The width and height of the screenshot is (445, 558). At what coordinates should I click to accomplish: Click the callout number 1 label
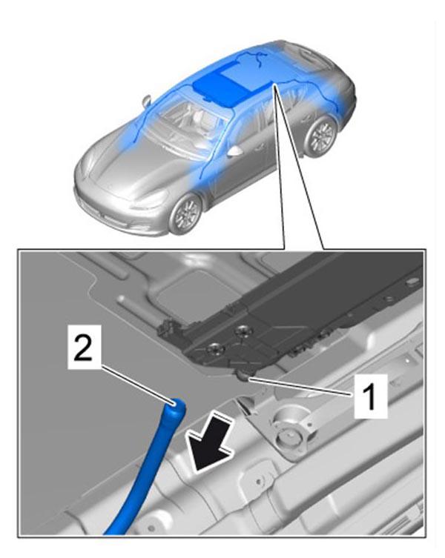point(371,396)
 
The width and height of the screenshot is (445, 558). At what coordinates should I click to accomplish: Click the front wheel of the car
point(185,213)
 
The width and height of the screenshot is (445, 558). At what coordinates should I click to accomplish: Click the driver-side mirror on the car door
point(235,151)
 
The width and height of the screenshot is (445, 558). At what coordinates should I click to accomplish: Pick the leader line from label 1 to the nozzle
point(302,387)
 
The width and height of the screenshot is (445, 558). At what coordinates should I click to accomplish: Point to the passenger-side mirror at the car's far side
point(147,101)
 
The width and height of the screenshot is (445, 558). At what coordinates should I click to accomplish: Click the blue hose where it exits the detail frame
point(116,531)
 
